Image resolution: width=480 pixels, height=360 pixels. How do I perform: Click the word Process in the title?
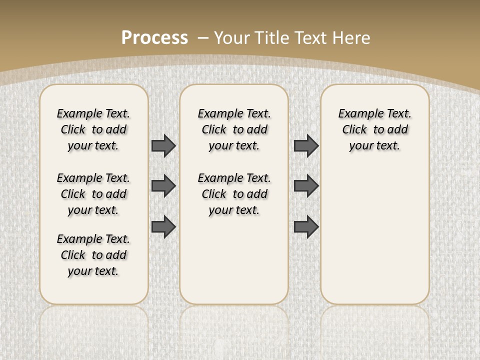tap(154, 38)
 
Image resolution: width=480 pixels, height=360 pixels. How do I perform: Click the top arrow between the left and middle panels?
tap(163, 145)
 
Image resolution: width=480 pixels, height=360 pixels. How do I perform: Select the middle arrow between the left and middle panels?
tap(163, 186)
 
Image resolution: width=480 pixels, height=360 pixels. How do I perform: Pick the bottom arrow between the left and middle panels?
tap(163, 226)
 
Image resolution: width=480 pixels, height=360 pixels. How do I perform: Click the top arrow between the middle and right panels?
tap(306, 145)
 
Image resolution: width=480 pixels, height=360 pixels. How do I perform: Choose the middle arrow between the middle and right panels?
tap(306, 186)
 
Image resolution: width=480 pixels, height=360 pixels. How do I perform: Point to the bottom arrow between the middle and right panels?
tap(306, 226)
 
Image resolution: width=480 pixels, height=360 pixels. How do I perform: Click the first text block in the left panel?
tap(93, 129)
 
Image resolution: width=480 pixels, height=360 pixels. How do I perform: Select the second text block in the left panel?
tap(93, 194)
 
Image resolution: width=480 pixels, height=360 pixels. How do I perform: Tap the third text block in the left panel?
tap(93, 255)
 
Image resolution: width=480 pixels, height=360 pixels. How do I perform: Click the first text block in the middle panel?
tap(234, 129)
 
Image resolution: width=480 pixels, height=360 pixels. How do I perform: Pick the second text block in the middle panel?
tap(234, 194)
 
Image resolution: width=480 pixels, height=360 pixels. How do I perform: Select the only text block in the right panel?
tap(374, 129)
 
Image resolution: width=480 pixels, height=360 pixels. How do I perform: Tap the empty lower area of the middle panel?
tap(234, 260)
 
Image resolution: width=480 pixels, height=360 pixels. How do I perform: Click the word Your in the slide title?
tap(232, 38)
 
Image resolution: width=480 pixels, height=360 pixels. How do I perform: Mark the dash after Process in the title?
tap(203, 38)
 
